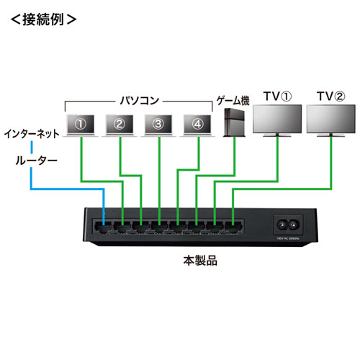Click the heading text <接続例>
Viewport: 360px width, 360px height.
[42, 20]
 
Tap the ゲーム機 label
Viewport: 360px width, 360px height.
[233, 99]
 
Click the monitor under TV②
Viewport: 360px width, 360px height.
[330, 122]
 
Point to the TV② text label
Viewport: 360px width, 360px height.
[330, 95]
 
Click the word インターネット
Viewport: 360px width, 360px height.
[31, 134]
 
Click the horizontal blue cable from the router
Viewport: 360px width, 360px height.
[68, 189]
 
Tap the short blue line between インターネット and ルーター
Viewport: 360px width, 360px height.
[31, 148]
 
